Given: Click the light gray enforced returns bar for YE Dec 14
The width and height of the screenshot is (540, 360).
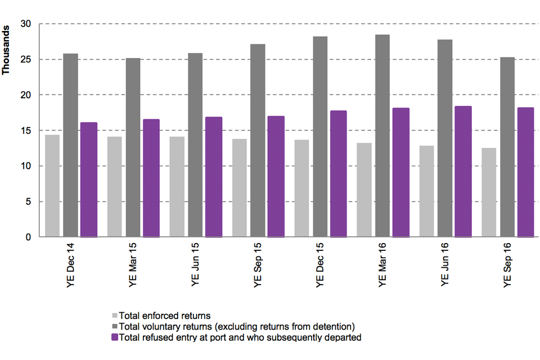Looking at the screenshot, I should pyautogui.click(x=52, y=186).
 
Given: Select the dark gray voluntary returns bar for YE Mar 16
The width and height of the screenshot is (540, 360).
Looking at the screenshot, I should pyautogui.click(x=382, y=136).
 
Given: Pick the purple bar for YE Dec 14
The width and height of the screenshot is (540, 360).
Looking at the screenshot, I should pyautogui.click(x=89, y=179).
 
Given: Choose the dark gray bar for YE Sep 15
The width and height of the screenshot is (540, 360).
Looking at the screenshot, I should pyautogui.click(x=258, y=140).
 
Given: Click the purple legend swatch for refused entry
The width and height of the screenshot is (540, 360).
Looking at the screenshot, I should pyautogui.click(x=115, y=337).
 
